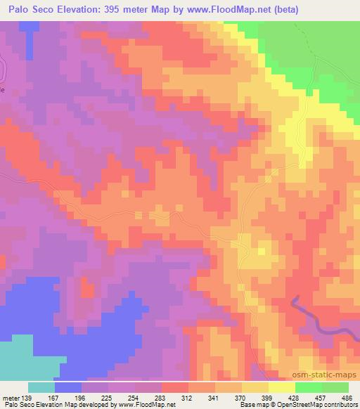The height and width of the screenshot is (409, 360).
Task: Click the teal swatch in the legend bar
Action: point(41,387)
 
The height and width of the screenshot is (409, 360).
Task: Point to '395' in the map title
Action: point(123,11)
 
